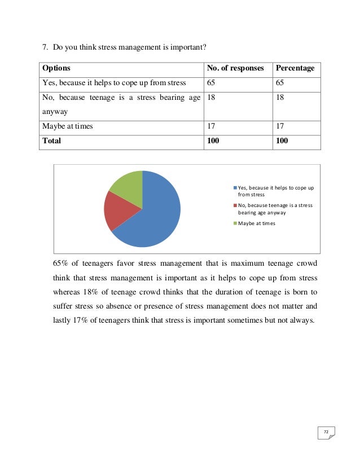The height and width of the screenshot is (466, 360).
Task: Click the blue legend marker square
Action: click(x=235, y=188)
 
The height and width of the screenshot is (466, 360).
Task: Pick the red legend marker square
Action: click(x=235, y=205)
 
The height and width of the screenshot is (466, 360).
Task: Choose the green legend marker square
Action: click(x=235, y=223)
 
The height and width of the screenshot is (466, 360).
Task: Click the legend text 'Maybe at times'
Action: click(x=257, y=223)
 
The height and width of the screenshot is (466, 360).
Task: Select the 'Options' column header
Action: click(x=56, y=69)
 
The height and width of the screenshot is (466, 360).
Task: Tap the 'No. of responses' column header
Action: click(x=235, y=69)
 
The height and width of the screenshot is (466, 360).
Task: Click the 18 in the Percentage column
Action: click(x=279, y=98)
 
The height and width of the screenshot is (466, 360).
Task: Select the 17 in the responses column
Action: click(x=212, y=126)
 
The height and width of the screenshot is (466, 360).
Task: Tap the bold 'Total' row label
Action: click(x=51, y=141)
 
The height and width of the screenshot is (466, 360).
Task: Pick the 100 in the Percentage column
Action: click(x=282, y=141)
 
